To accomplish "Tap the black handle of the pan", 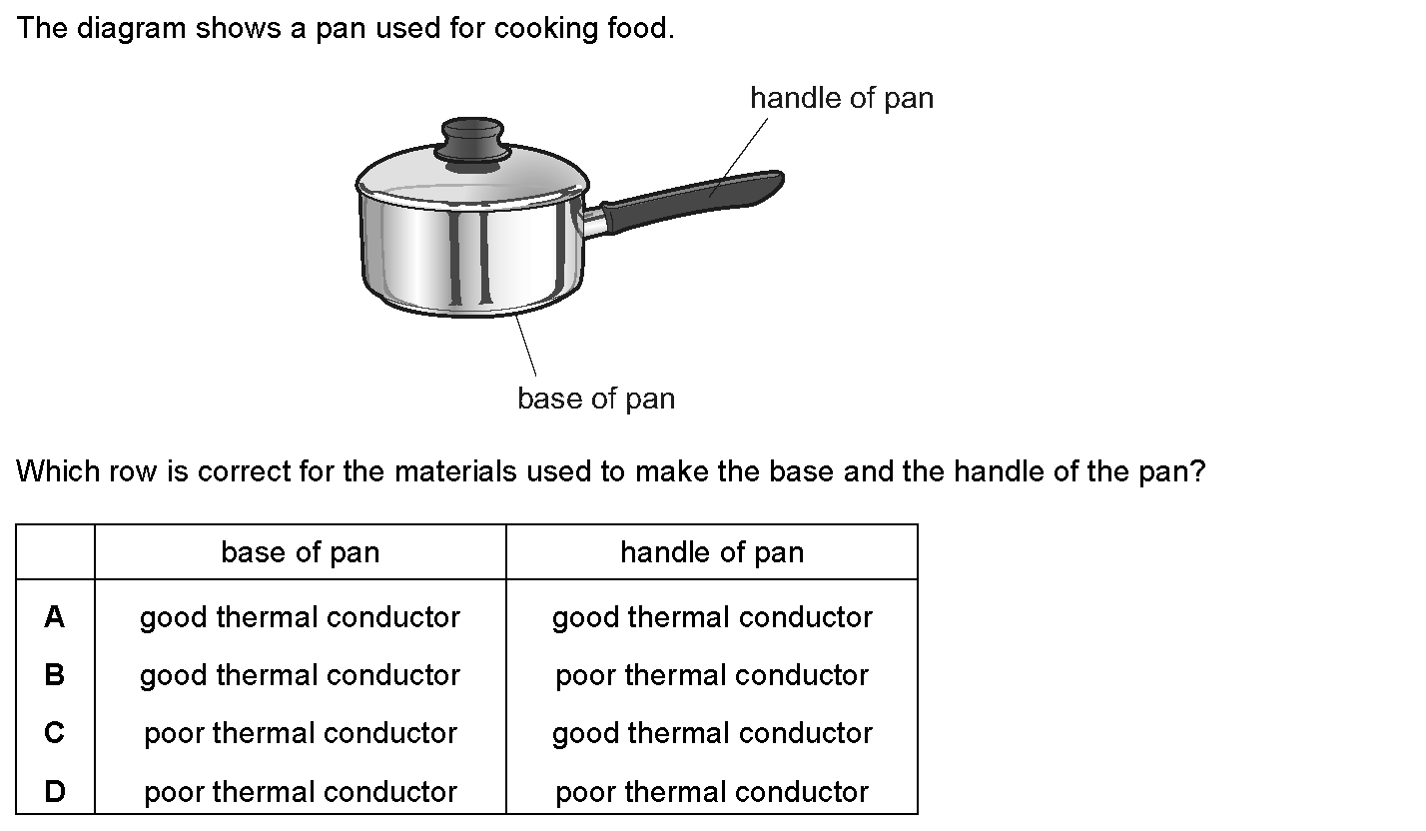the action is click(693, 200).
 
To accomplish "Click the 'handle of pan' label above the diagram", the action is click(842, 99).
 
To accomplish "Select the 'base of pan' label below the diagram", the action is click(596, 400).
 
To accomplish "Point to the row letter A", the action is click(55, 616).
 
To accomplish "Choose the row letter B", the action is click(55, 674).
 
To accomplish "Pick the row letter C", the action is click(55, 732).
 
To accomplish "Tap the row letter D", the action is click(55, 791).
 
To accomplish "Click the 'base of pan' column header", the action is click(300, 552).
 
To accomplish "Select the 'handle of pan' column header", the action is click(712, 552).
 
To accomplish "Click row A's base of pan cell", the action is click(300, 617).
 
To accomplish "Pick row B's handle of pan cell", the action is click(712, 675).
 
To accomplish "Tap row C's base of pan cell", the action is click(301, 733).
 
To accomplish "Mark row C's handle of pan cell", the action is click(712, 733).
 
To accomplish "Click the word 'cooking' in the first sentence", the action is click(545, 29).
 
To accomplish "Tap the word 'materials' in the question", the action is click(455, 471).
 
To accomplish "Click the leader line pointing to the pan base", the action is click(526, 346).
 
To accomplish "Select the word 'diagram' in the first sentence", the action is click(131, 29).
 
